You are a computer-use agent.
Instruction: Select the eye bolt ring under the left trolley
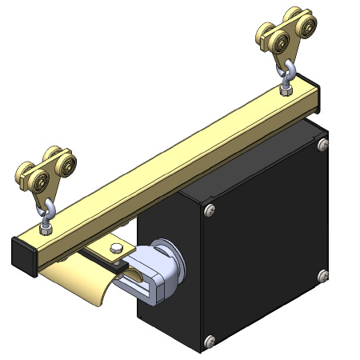(48, 210)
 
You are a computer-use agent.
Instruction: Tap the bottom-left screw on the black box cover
(210, 342)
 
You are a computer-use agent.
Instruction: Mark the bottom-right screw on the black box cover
(322, 275)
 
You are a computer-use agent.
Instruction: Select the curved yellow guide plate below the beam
(80, 283)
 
